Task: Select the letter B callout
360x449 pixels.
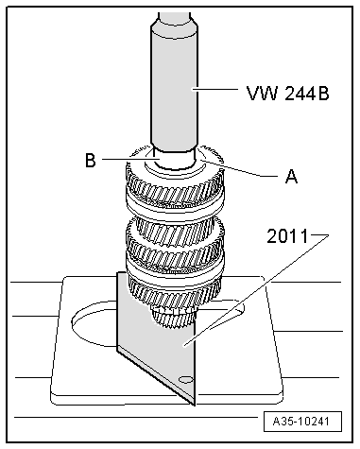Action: click(90, 161)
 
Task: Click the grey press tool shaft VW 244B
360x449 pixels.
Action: click(172, 85)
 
